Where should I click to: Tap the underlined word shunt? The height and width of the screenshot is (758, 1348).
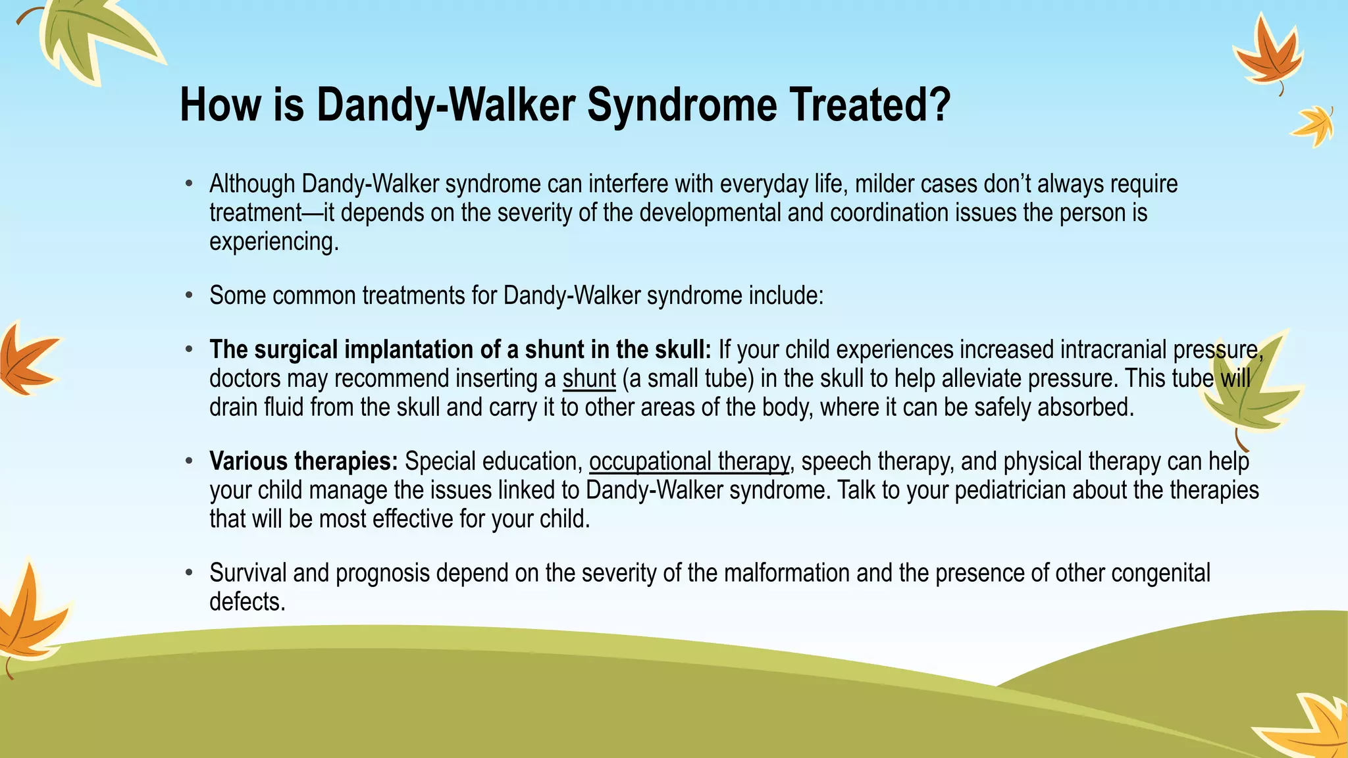pos(589,379)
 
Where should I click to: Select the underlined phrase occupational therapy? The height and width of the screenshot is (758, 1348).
pos(689,462)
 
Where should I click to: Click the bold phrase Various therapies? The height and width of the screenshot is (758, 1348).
pos(303,461)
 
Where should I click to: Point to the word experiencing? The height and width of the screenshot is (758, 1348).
pos(274,242)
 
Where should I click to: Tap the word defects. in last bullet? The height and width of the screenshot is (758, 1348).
pos(247,602)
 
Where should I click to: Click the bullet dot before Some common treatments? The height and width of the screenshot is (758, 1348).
pos(189,296)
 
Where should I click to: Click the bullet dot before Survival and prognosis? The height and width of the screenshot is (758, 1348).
pos(189,573)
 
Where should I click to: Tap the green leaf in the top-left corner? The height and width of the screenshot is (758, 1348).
pos(92,36)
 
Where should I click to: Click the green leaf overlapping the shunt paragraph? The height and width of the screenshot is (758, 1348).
pos(1247,392)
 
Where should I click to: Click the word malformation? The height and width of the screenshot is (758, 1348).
pos(787,573)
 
